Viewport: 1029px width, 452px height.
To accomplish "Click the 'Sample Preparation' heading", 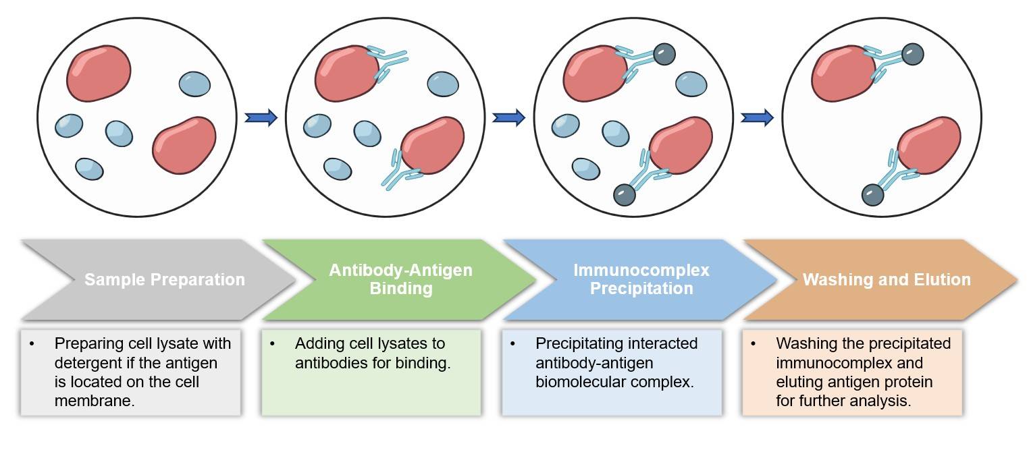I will (164, 279).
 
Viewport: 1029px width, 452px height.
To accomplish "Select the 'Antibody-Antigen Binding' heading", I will (400, 279).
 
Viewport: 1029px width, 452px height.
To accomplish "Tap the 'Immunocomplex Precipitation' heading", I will (641, 279).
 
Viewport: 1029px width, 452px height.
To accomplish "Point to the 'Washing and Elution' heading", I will (886, 279).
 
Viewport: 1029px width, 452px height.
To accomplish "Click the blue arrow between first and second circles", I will (261, 118).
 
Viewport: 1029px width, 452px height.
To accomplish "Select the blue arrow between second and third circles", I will (508, 118).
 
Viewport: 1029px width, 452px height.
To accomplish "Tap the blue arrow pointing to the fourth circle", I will (757, 118).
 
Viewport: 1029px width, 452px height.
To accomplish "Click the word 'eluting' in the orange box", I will (799, 383).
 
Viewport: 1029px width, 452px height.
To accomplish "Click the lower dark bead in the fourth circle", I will (872, 195).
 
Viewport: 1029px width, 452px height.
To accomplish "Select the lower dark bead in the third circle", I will (624, 195).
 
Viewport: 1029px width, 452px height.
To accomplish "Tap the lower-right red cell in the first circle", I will (184, 145).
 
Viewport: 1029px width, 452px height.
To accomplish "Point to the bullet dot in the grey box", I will (32, 344).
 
